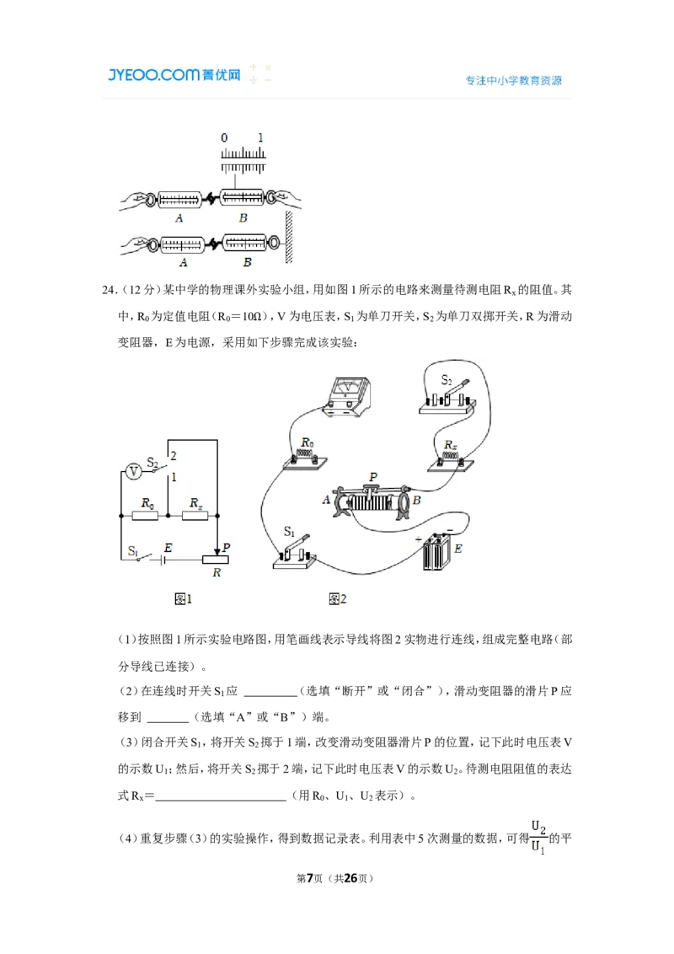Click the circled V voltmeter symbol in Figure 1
tap(133, 472)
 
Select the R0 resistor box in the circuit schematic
tap(146, 516)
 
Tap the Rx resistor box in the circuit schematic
tap(195, 516)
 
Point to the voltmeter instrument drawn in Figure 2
tap(347, 396)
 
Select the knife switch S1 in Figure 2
tap(294, 554)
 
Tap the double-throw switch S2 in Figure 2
tap(447, 398)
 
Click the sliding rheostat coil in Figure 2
tap(372, 502)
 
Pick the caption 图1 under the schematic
tap(183, 599)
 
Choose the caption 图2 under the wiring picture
tap(338, 599)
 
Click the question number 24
tap(109, 290)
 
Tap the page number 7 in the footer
tap(310, 878)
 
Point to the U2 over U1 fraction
tap(538, 838)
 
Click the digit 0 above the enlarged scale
tap(224, 138)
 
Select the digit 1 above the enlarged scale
tap(260, 138)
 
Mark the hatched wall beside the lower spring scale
tap(289, 238)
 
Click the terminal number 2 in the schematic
tap(174, 456)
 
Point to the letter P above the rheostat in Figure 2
tap(373, 477)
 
